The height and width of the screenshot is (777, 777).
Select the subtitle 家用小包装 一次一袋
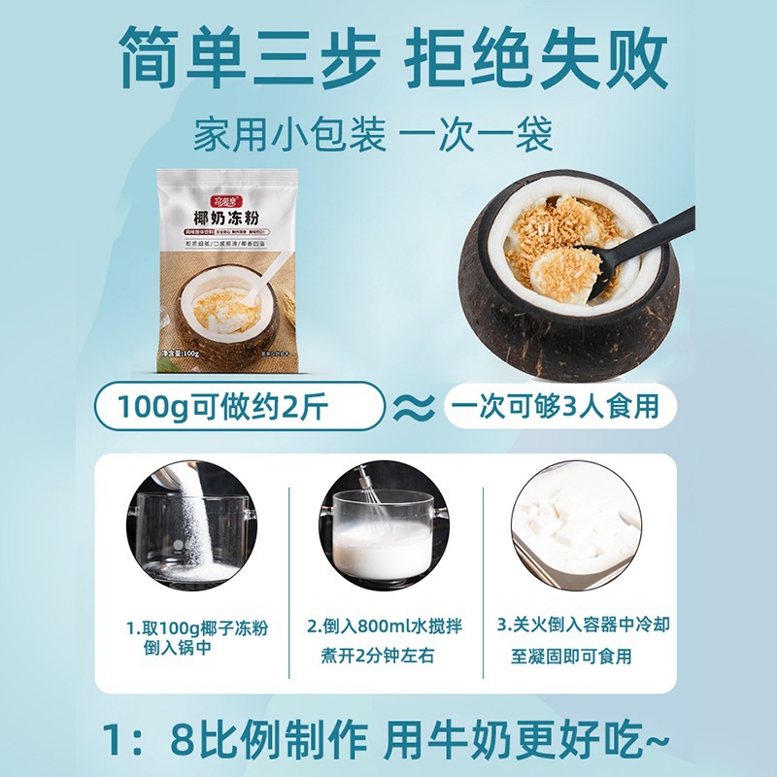pos(374,134)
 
